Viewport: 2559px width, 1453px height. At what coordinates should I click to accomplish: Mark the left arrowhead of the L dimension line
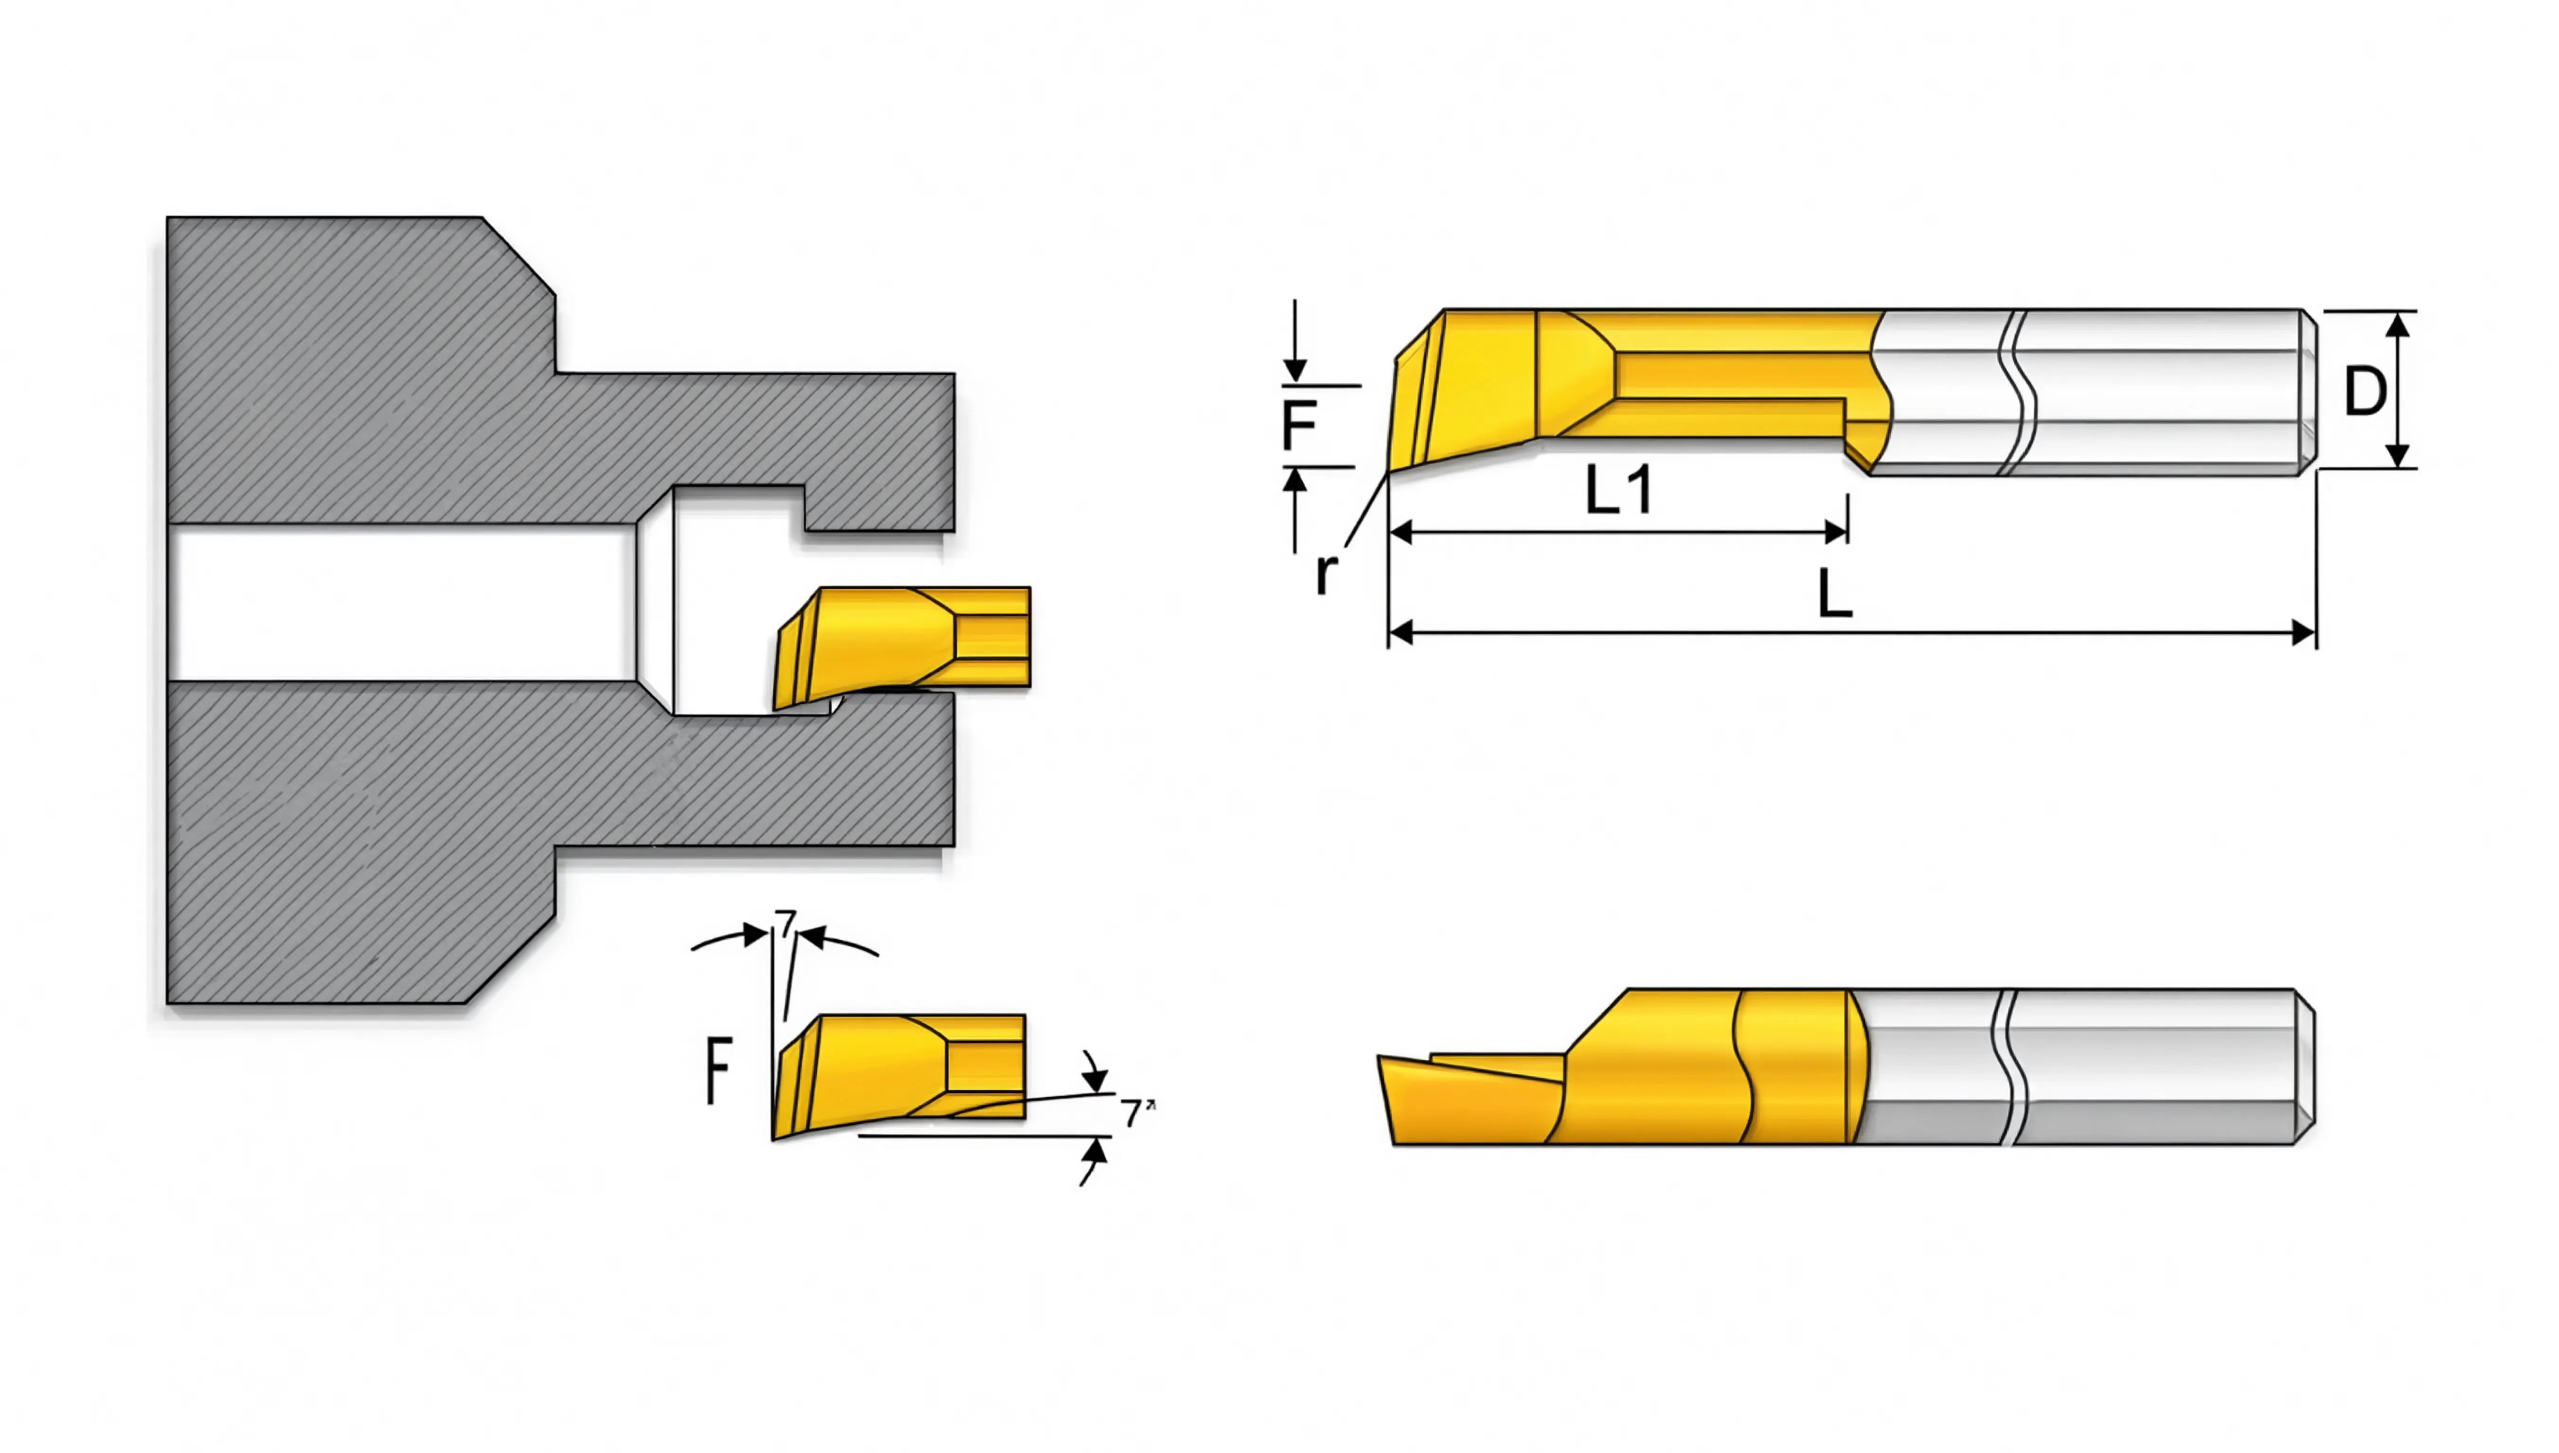click(1401, 632)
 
